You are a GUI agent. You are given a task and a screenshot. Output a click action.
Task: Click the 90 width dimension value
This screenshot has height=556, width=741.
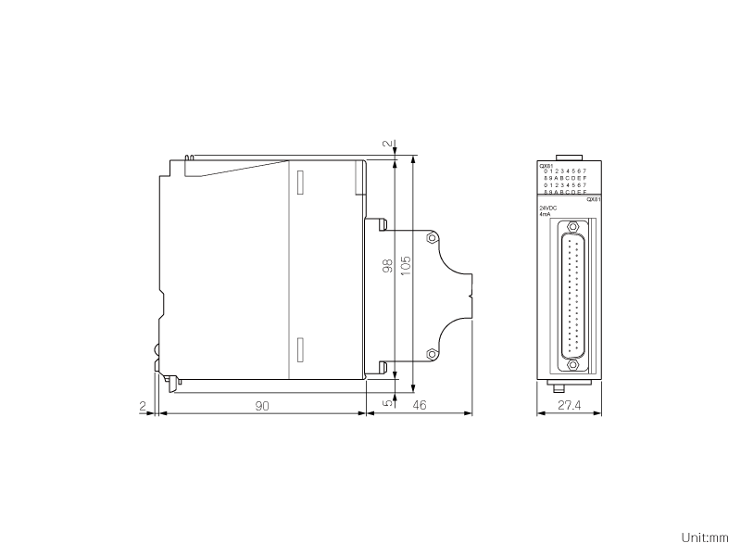point(262,406)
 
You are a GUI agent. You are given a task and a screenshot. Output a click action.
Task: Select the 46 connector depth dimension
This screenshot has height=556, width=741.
point(419,406)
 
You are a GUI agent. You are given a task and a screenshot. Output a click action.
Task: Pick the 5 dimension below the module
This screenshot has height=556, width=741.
point(388,402)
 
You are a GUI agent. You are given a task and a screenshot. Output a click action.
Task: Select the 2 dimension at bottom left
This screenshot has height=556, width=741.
point(142,406)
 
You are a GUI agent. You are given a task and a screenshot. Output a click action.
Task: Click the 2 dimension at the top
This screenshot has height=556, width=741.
point(388,145)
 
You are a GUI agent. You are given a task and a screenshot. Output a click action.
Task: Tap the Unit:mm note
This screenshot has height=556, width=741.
point(705,537)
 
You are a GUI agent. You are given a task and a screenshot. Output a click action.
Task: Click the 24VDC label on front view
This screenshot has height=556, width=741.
point(547,208)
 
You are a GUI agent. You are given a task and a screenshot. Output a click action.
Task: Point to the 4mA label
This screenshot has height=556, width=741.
point(545,214)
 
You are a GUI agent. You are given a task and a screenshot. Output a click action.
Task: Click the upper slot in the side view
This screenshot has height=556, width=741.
point(299,181)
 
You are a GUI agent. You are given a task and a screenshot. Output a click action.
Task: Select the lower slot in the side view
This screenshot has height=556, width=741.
point(299,351)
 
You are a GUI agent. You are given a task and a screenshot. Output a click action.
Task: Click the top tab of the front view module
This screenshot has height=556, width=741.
point(569,158)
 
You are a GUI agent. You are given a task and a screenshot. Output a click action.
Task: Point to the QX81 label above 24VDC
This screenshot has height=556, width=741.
point(594,199)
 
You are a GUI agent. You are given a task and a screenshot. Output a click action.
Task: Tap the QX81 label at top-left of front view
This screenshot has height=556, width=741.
point(546,166)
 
